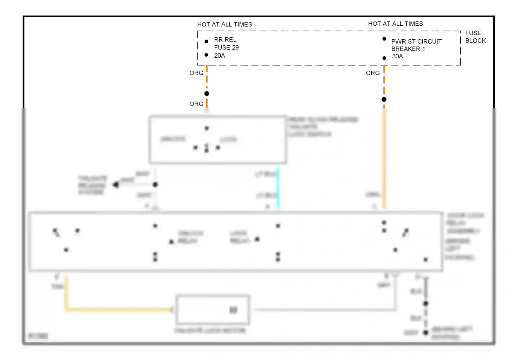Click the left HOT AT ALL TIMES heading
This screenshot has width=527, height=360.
pyautogui.click(x=225, y=25)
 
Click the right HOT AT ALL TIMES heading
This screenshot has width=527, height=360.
pyautogui.click(x=395, y=24)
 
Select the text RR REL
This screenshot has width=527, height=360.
pyautogui.click(x=225, y=40)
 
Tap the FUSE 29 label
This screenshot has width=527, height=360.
pyautogui.click(x=226, y=47)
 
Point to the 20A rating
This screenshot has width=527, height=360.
pyautogui.click(x=220, y=56)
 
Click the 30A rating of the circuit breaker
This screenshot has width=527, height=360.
pyautogui.click(x=397, y=56)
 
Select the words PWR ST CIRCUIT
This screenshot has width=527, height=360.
pyautogui.click(x=416, y=41)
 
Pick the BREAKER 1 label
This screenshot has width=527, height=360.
pyautogui.click(x=408, y=49)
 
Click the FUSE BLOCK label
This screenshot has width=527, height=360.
pyautogui.click(x=475, y=37)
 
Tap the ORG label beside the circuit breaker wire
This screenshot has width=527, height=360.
pyautogui.click(x=373, y=73)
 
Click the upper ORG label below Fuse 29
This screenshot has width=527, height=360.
pyautogui.click(x=196, y=73)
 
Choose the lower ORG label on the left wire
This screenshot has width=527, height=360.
pyautogui.click(x=196, y=104)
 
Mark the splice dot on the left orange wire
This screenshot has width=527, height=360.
pyautogui.click(x=207, y=94)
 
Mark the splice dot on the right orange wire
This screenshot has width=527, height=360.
pyautogui.click(x=384, y=99)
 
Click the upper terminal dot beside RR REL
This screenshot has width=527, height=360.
pyautogui.click(x=206, y=41)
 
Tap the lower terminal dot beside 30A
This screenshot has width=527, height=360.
pyautogui.click(x=384, y=58)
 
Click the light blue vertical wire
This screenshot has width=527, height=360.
pyautogui.click(x=278, y=188)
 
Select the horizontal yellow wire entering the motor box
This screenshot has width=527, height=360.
pyautogui.click(x=119, y=310)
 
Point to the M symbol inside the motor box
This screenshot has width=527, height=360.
pyautogui.click(x=233, y=310)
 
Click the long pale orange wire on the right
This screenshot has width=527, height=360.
pyautogui.click(x=384, y=158)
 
